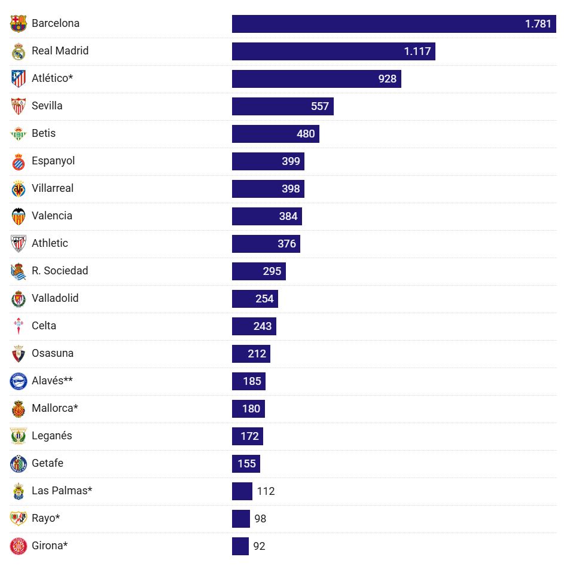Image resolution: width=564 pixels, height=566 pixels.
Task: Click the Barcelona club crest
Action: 19,24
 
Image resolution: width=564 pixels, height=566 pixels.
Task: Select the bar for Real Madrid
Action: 333,51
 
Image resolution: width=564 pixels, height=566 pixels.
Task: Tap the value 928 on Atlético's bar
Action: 387,79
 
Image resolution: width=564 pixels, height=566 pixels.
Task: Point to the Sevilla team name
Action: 47,106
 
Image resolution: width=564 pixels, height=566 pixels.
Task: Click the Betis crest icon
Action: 19,134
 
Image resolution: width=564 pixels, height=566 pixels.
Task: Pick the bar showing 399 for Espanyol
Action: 268,161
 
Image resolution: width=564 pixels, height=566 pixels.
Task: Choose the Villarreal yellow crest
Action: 19,189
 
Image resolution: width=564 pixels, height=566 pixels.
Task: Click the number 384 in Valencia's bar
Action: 288,216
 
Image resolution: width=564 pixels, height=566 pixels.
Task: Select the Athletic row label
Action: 50,243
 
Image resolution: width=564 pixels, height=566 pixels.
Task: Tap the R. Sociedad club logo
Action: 19,271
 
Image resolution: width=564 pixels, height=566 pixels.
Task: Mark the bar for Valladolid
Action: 255,299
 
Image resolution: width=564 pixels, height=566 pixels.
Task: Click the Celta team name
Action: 44,326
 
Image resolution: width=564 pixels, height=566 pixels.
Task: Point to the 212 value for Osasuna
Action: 257,354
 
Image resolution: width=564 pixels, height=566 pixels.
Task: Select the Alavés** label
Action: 52,381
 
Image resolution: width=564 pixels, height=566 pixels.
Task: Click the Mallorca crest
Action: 19,409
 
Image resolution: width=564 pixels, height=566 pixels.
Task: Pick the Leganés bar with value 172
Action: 247,436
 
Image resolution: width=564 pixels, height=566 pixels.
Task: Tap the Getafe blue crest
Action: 19,464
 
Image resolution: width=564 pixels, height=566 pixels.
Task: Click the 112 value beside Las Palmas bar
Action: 266,491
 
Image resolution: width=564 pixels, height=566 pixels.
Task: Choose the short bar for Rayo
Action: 240,519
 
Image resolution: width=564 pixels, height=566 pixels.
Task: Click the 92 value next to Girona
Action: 259,546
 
